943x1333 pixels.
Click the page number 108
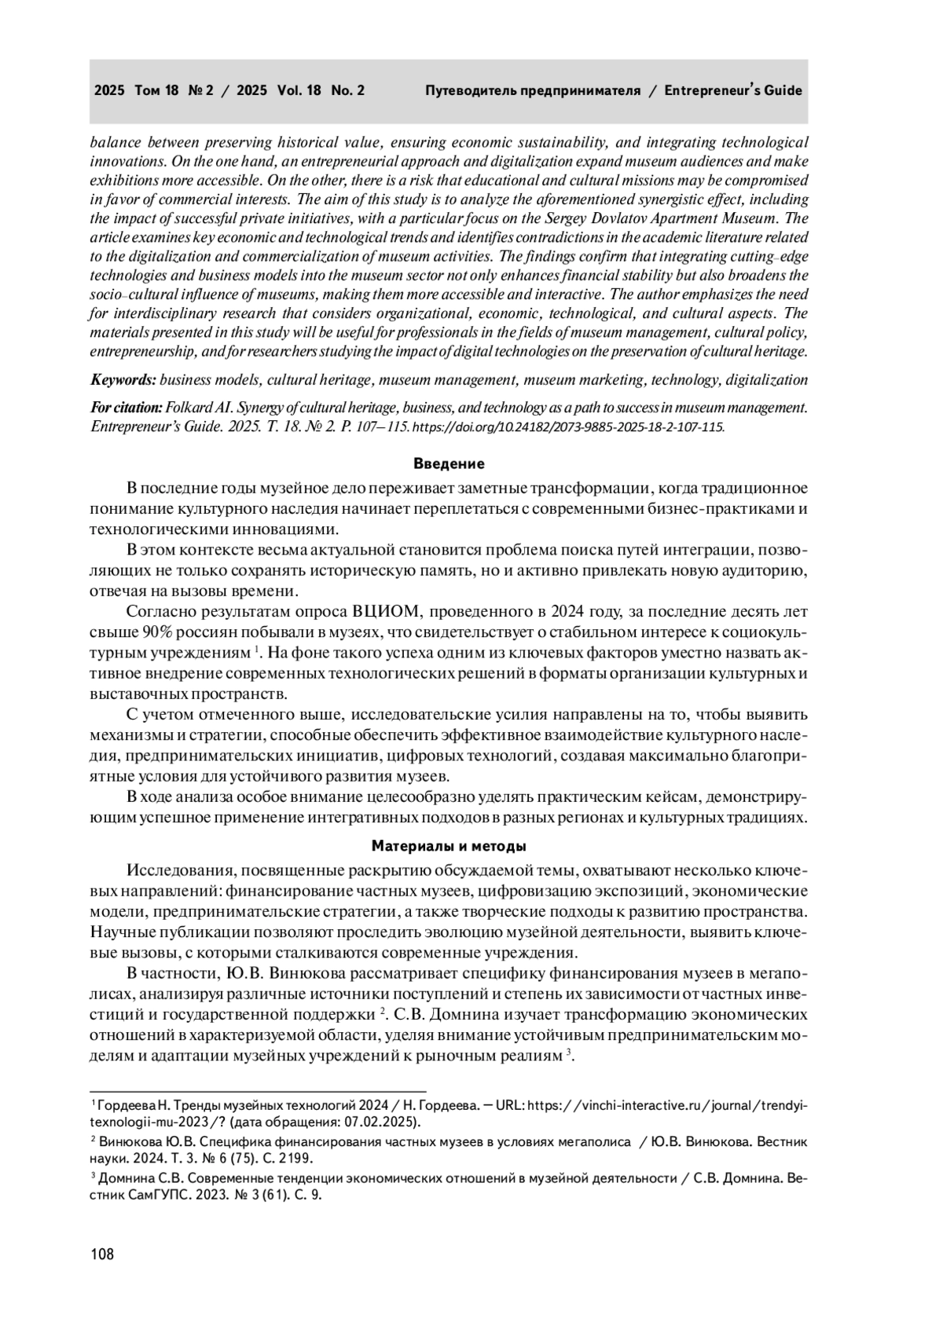[102, 1254]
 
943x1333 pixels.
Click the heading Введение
[449, 463]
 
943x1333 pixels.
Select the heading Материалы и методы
[449, 847]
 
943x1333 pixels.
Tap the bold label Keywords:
[123, 380]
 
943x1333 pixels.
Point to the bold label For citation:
[126, 408]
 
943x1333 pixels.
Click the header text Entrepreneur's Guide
[733, 91]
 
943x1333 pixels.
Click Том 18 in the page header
[157, 91]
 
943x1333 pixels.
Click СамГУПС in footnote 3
[143, 1196]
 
